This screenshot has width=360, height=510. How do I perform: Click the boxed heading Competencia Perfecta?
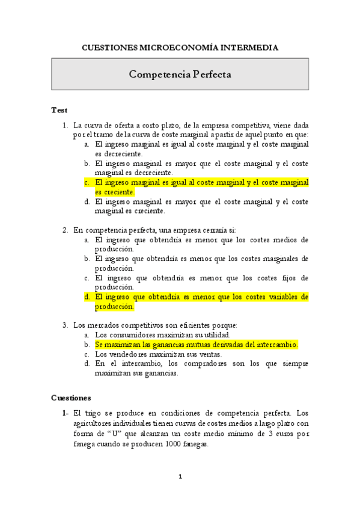point(180,75)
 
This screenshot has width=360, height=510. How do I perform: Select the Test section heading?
point(59,110)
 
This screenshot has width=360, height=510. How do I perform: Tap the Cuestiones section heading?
point(71,398)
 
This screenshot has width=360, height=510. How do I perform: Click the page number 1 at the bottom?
point(180,477)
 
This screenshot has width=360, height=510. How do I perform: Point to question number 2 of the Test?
point(66,230)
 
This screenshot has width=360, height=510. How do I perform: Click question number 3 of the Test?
point(66,325)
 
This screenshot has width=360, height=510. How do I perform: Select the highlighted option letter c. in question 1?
point(87,182)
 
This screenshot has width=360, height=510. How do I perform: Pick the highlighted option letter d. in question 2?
point(87,296)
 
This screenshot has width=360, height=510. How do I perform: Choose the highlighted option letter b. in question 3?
point(87,345)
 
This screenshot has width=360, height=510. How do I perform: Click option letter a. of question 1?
point(87,144)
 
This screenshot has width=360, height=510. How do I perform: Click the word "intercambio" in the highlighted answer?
point(275,345)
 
